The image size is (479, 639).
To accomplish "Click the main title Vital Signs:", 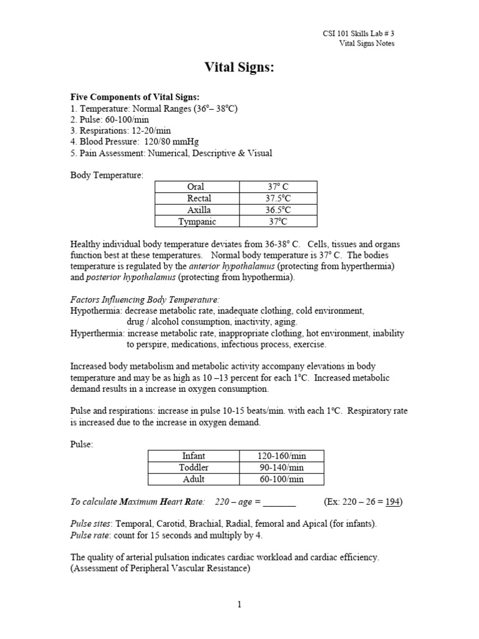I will pyautogui.click(x=239, y=68).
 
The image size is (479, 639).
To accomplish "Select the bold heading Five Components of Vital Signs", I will pyautogui.click(x=135, y=97).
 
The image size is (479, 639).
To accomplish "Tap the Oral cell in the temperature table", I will pyautogui.click(x=195, y=187).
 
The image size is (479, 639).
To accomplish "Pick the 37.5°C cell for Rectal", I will pyautogui.click(x=278, y=198).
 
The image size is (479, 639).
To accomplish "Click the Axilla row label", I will pyautogui.click(x=195, y=210).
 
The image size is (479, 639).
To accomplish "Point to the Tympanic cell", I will pyautogui.click(x=195, y=222).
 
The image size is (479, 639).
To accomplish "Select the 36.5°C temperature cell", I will pyautogui.click(x=278, y=210).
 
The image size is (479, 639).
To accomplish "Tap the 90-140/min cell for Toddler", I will pyautogui.click(x=282, y=467).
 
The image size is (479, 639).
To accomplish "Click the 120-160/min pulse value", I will pyautogui.click(x=282, y=456).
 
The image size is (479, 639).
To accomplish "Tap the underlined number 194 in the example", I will pyautogui.click(x=392, y=502).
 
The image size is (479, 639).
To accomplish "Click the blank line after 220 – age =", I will pyautogui.click(x=281, y=502).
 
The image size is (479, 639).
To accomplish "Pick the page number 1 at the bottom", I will pyautogui.click(x=239, y=604).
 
